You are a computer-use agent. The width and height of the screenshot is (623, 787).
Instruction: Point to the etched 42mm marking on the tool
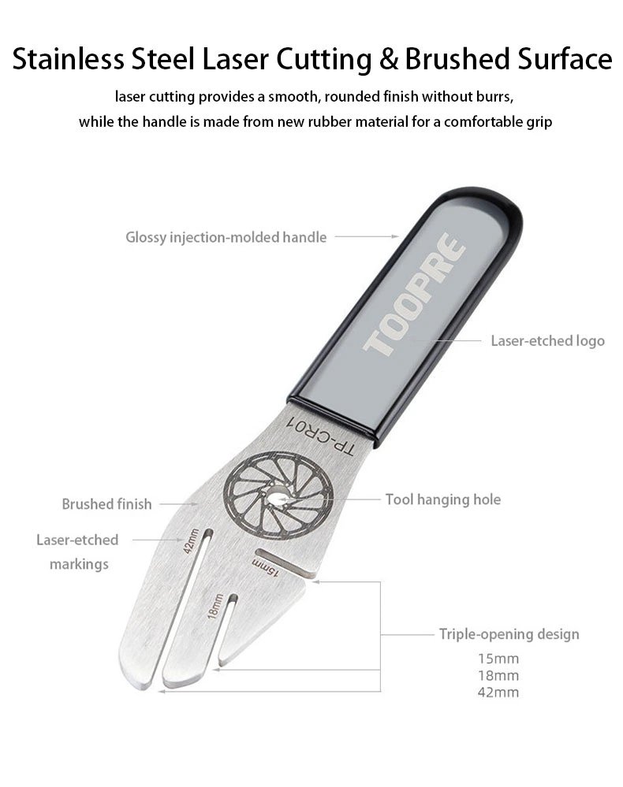coord(190,540)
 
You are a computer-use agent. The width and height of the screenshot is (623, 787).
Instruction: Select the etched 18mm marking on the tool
coord(215,606)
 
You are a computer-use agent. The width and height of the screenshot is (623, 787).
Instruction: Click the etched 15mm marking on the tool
coord(265,567)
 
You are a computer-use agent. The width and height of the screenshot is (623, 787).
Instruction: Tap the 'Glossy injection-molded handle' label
coord(226,237)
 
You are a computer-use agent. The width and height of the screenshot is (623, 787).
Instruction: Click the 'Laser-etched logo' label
coord(547,341)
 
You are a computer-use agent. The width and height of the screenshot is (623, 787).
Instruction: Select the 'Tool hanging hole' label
coord(443,499)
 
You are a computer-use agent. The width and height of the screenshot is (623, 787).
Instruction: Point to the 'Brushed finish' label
coord(106,503)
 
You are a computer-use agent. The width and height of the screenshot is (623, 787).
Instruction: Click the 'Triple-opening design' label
coord(509,634)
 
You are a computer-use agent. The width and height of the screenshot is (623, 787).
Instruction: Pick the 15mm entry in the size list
coord(498,658)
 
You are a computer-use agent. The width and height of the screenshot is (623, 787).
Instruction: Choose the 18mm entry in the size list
coord(498,675)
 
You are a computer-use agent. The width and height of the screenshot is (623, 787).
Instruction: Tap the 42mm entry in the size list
coord(498,692)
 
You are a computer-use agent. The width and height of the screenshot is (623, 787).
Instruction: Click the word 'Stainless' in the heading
coord(68,59)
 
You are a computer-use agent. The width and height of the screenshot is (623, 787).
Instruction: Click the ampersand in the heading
coord(388,59)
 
